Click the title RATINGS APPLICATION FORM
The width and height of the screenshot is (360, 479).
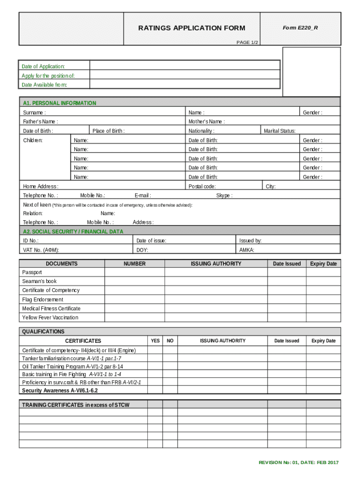pyautogui.click(x=192, y=28)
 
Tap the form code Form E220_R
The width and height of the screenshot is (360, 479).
pyautogui.click(x=300, y=28)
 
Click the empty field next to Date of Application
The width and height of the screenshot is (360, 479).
pyautogui.click(x=185, y=66)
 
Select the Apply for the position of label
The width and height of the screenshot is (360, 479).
pyautogui.click(x=48, y=75)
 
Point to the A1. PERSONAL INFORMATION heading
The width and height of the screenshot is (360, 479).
pyautogui.click(x=59, y=103)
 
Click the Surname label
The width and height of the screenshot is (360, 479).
pyautogui.click(x=34, y=112)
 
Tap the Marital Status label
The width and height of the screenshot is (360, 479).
pyautogui.click(x=280, y=131)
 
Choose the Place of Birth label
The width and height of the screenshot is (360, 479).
pyautogui.click(x=108, y=131)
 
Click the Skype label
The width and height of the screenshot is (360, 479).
pyautogui.click(x=224, y=196)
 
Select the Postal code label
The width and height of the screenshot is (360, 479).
pyautogui.click(x=202, y=186)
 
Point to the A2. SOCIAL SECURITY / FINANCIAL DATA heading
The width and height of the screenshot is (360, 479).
pyautogui.click(x=73, y=232)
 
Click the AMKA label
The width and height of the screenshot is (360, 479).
pyautogui.click(x=247, y=250)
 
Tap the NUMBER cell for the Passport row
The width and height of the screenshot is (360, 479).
pyautogui.click(x=134, y=272)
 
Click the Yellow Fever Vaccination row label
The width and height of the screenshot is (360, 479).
pyautogui.click(x=50, y=317)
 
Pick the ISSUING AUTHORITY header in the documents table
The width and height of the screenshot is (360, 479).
pyautogui.click(x=216, y=264)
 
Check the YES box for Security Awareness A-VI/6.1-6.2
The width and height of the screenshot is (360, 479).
pyautogui.click(x=155, y=390)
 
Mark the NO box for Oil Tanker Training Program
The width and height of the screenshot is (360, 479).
pyautogui.click(x=170, y=366)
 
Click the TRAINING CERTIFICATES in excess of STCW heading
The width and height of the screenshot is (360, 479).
pyautogui.click(x=76, y=405)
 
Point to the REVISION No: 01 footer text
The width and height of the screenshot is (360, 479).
pyautogui.click(x=299, y=463)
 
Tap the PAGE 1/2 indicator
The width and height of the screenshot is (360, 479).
pyautogui.click(x=247, y=43)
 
